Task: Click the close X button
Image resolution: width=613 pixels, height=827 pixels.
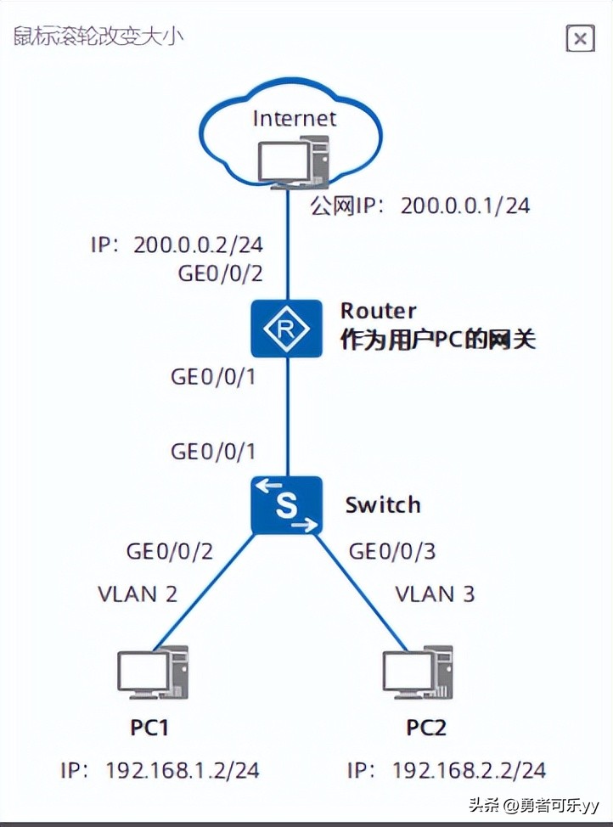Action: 580,38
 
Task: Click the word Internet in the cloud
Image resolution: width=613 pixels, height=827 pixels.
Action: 295,118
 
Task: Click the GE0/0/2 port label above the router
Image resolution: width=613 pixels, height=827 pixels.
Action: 219,273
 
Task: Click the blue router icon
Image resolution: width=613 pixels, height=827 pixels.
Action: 287,328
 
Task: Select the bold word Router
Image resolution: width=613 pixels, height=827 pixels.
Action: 379,310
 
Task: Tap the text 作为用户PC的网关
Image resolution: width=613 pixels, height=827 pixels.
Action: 438,340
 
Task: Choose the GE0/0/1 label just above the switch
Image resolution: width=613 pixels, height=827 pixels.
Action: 213,451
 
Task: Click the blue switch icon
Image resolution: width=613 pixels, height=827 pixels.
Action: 287,505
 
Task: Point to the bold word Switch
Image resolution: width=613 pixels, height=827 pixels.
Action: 383,505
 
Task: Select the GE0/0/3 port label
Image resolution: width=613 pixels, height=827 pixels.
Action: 392,551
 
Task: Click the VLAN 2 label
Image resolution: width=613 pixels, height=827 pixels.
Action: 138,593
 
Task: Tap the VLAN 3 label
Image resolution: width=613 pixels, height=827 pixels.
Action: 435,593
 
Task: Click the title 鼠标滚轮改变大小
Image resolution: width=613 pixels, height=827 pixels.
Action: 98,37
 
